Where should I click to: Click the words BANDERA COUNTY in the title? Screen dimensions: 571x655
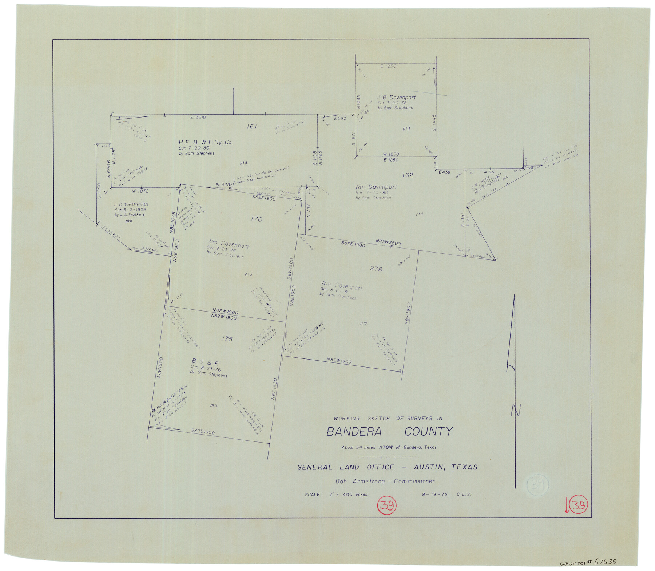point(389,432)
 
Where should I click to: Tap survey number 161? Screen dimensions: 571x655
point(252,127)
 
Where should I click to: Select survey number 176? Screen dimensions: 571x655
point(256,219)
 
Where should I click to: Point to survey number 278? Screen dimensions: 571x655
point(376,269)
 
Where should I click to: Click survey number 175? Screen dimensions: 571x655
point(227,339)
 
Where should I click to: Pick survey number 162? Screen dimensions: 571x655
point(408,175)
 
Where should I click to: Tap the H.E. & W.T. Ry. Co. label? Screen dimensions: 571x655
point(205,143)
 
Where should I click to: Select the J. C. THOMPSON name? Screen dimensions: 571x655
point(131,205)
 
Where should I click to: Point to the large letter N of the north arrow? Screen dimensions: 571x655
point(516,411)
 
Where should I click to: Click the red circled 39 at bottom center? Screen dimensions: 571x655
point(387,505)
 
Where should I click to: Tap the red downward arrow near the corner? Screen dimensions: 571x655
point(566,506)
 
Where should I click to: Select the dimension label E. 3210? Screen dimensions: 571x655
point(198,118)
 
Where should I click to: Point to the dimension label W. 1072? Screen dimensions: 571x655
point(140,191)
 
